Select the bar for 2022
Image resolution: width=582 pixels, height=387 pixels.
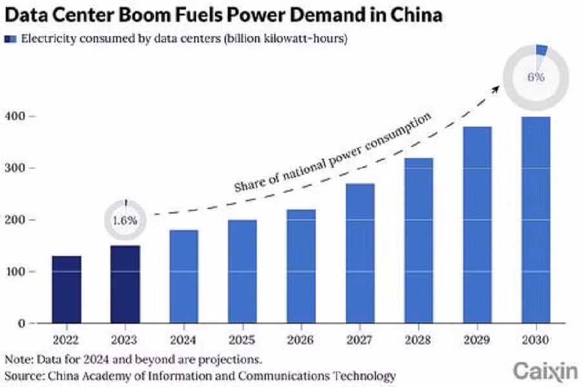click(66, 290)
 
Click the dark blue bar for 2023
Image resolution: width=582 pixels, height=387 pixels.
click(125, 284)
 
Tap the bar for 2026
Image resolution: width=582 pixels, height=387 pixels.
click(301, 266)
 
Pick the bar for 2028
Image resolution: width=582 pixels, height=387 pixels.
click(419, 240)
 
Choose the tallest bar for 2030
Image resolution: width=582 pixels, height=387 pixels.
click(536, 219)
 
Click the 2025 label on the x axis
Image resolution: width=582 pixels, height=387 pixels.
click(242, 339)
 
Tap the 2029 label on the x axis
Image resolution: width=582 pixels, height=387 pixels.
click(477, 339)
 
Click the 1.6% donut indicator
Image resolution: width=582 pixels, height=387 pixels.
click(125, 220)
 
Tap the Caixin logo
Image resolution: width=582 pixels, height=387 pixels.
click(540, 370)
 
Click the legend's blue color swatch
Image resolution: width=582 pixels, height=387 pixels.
click(12, 39)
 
